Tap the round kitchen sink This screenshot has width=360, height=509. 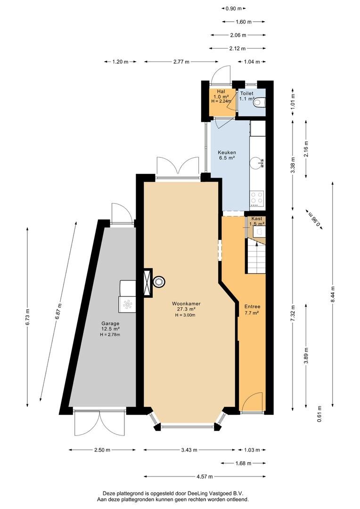point(257,162)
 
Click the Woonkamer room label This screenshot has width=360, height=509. point(186,304)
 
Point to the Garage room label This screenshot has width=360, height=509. point(110,323)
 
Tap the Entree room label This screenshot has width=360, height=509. point(252,306)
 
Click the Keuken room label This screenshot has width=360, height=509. point(227,152)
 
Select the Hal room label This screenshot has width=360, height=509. point(221,91)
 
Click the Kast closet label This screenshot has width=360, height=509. point(257,219)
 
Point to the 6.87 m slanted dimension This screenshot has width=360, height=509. point(58,311)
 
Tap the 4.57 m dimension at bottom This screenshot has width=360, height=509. point(205,476)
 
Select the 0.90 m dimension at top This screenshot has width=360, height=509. point(234,8)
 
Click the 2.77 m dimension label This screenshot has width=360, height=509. point(181,62)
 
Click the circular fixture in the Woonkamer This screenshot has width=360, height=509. point(159,281)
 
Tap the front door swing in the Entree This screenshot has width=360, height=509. point(252,402)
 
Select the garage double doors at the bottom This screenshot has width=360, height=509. point(99,423)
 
